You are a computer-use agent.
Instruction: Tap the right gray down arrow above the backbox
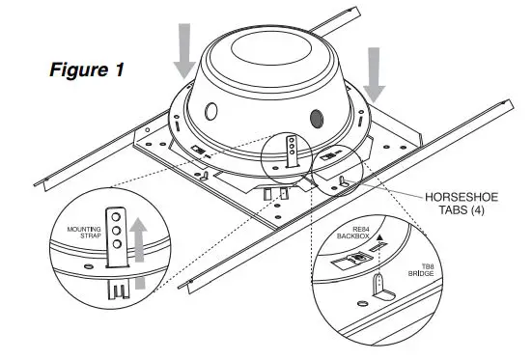375,79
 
